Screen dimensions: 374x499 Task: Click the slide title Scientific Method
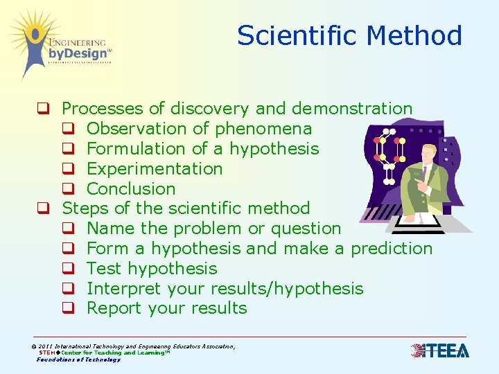[349, 35]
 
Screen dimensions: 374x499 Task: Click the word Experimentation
[155, 168]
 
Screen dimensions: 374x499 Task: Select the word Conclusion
[131, 188]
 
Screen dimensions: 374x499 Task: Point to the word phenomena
[263, 129]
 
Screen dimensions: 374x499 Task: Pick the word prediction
[392, 249]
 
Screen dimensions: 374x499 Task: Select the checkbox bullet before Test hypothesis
[68, 269]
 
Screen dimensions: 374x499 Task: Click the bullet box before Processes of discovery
[43, 109]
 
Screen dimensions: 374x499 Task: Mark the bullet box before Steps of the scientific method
[43, 208]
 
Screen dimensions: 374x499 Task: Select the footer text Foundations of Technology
[78, 359]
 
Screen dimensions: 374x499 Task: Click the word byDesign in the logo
[78, 53]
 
